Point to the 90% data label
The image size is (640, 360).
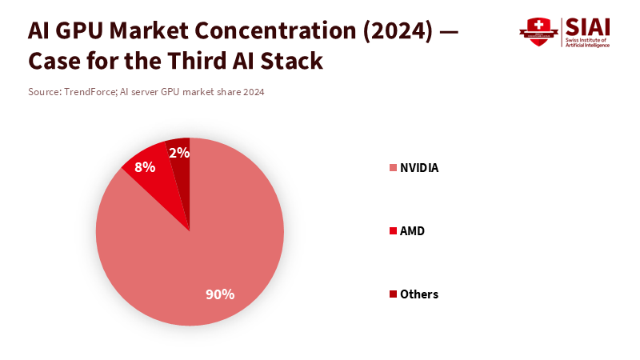tap(220, 294)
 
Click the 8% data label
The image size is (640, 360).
tap(145, 167)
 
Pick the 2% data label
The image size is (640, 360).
tap(178, 153)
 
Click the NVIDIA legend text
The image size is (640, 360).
tap(419, 168)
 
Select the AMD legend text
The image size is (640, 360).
tap(412, 231)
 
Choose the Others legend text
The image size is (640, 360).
tap(419, 294)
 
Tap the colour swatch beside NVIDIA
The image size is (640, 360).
tap(393, 168)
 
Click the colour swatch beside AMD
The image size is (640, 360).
tap(393, 231)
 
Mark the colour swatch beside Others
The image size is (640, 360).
tap(393, 294)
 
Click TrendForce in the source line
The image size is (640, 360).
tap(89, 92)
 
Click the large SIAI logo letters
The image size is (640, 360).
tap(587, 26)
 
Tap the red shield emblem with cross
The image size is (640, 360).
tap(538, 31)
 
